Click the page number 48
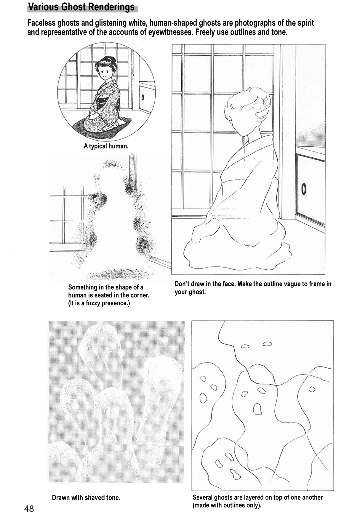pyautogui.click(x=29, y=509)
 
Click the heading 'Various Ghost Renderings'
pyautogui.click(x=81, y=7)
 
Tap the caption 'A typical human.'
pyautogui.click(x=106, y=146)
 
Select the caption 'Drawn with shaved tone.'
pyautogui.click(x=86, y=497)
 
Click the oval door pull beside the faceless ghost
pyautogui.click(x=304, y=189)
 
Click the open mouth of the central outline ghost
pyautogui.click(x=257, y=409)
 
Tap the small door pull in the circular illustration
pyautogui.click(x=143, y=97)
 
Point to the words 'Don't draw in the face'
pyautogui.click(x=204, y=284)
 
